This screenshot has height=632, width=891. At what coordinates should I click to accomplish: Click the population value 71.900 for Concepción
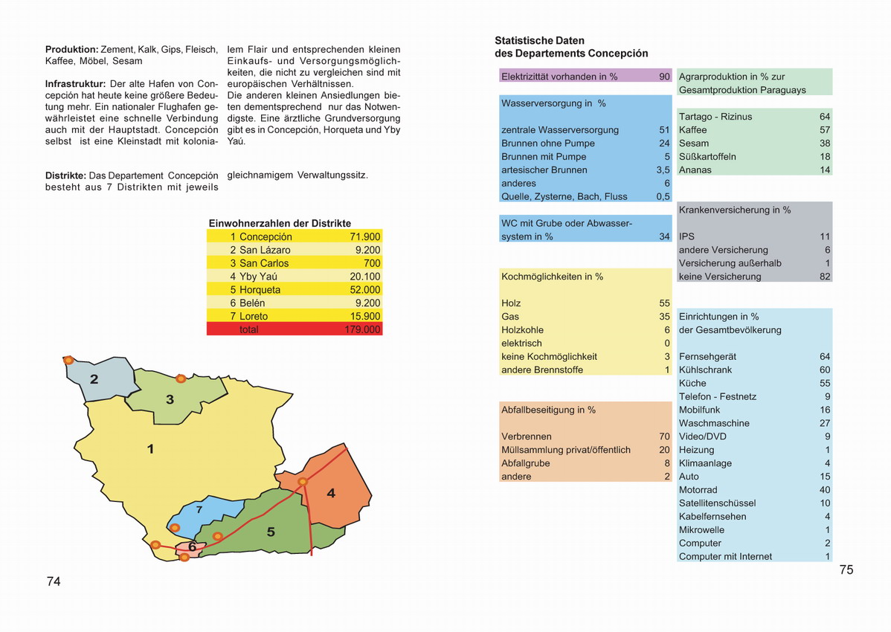click(364, 236)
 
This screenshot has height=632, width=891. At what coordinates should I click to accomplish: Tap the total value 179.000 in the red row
click(362, 329)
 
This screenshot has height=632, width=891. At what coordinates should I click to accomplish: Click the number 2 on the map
click(94, 379)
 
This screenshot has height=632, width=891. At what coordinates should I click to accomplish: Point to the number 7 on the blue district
click(199, 510)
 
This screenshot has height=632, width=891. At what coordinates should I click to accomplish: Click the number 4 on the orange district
click(331, 493)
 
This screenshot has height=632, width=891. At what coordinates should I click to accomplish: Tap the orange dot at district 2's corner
click(68, 360)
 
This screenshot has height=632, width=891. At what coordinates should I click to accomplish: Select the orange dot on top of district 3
click(180, 378)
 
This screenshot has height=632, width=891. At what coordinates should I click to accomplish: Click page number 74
click(54, 581)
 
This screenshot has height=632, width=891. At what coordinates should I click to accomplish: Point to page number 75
click(846, 570)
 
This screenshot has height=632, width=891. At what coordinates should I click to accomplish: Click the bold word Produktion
click(71, 49)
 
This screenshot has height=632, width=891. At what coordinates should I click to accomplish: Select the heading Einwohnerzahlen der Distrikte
click(280, 223)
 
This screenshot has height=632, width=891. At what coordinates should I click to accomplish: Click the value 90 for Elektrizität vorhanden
click(664, 77)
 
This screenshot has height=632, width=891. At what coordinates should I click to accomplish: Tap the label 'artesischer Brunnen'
click(544, 170)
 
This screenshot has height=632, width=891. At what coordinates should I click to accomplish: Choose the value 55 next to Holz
click(664, 303)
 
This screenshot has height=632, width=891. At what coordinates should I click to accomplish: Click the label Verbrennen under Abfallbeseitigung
click(527, 436)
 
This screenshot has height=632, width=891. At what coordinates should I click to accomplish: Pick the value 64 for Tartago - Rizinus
click(825, 117)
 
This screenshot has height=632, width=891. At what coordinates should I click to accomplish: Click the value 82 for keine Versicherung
click(825, 277)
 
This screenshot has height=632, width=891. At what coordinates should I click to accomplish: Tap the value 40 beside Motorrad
click(825, 490)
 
